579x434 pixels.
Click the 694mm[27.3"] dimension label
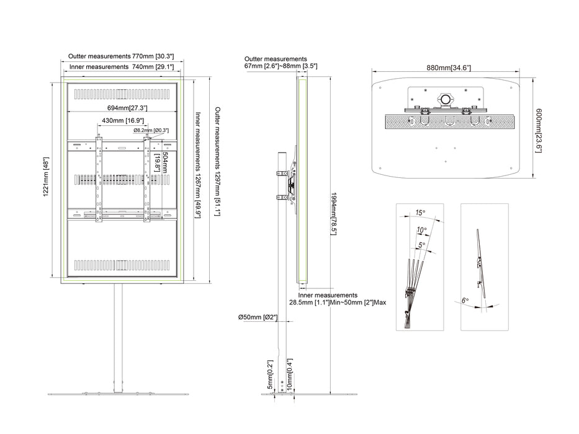[127, 108]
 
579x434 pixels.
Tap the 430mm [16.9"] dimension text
[123, 121]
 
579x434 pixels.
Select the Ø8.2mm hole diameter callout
[151, 130]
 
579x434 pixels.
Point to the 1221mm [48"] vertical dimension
[46, 177]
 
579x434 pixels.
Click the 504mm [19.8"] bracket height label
[161, 162]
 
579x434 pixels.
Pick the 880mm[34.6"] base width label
[449, 68]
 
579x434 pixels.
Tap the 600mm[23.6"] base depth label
[539, 131]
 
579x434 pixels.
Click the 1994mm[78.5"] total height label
[333, 214]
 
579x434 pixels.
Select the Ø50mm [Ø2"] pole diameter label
[258, 317]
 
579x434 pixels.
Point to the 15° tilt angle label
[420, 213]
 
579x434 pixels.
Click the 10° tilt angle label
[422, 230]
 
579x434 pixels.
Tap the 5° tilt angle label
[422, 245]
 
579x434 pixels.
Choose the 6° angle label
[465, 301]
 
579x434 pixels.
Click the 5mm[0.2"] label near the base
[270, 374]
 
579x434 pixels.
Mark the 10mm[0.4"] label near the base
[289, 374]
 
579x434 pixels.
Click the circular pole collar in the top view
[446, 99]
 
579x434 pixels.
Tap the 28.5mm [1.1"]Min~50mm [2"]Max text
[338, 303]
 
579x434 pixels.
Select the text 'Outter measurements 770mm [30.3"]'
[121, 56]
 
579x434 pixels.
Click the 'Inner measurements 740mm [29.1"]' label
[121, 67]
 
